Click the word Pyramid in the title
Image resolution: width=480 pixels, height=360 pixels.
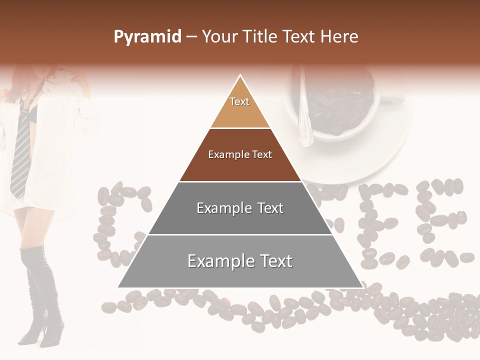click(x=147, y=37)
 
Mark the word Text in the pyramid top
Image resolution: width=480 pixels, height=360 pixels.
click(x=239, y=101)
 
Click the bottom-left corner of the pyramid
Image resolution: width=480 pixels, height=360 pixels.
click(x=118, y=287)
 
